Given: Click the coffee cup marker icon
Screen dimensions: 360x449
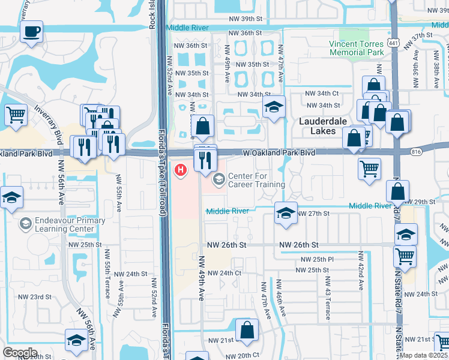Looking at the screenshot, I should [31, 31].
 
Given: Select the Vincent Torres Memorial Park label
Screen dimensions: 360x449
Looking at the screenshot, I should [357, 48].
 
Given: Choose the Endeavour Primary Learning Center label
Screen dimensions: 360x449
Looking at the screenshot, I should [65, 224].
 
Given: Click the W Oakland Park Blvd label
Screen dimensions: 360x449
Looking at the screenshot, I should [279, 154].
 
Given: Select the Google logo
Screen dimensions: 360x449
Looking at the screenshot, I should [20, 352].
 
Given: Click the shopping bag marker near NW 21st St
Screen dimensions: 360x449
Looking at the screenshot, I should [247, 330].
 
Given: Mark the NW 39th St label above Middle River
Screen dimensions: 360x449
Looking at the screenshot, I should [246, 19].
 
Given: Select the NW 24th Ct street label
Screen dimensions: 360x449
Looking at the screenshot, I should [226, 273].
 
